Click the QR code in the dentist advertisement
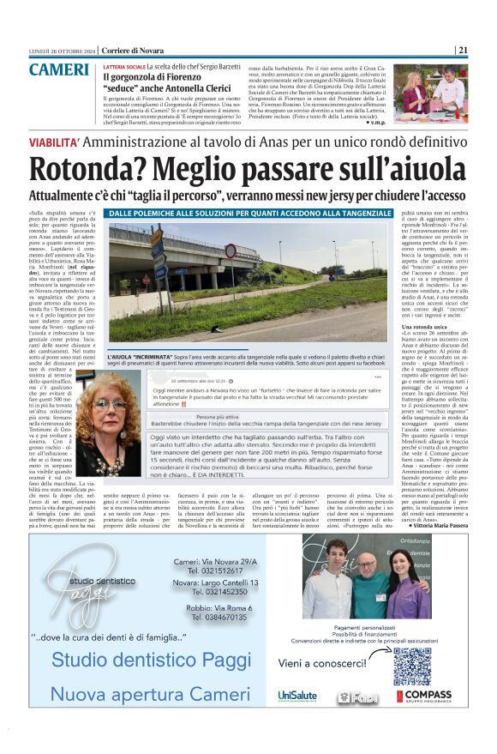(x=411, y=667)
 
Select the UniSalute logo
(x=297, y=696)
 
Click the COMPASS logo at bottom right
(x=426, y=697)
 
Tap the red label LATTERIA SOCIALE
(x=123, y=66)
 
